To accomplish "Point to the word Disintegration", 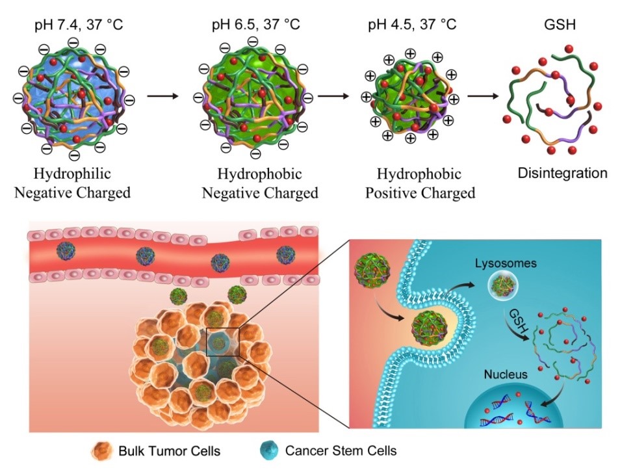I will pos(563,174).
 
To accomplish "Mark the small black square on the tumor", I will pos(222,342).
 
